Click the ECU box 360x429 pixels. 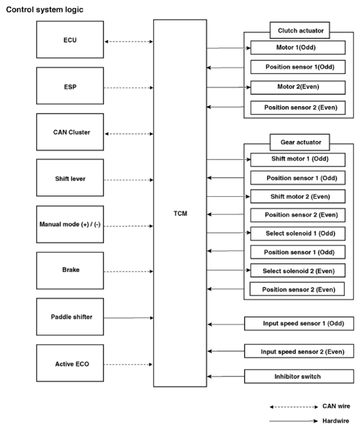(70, 40)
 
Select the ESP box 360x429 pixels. (70, 86)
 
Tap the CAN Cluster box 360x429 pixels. (70, 132)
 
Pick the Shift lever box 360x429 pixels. (70, 178)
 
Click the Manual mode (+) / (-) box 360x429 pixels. (70, 225)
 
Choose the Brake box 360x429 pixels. (70, 271)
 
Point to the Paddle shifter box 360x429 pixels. (70, 317)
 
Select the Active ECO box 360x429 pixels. (70, 363)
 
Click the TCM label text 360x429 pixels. (180, 213)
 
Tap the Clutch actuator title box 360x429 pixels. (300, 30)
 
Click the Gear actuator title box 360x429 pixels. (300, 142)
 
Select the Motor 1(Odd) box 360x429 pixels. (298, 47)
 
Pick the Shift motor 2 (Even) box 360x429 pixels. (297, 196)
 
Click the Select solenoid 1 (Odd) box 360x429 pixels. (297, 233)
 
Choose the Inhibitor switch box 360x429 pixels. (299, 376)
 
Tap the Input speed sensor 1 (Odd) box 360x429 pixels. (299, 323)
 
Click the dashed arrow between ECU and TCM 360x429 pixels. (128, 42)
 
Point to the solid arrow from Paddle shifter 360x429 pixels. (128, 318)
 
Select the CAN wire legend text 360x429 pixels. (336, 406)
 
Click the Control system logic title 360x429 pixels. (44, 9)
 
